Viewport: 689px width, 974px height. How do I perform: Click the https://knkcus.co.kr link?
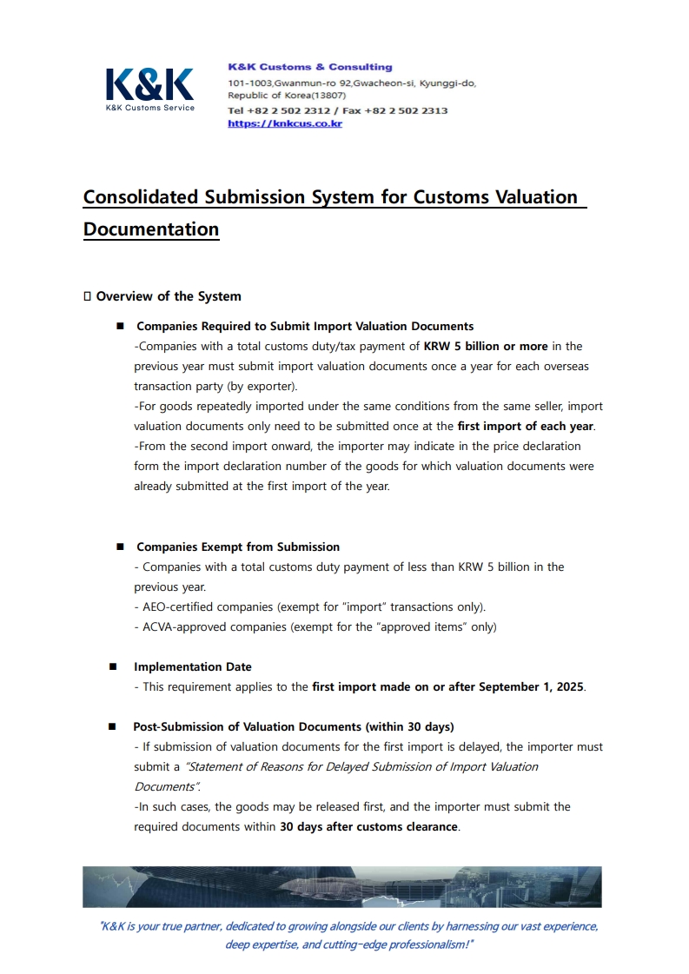285,123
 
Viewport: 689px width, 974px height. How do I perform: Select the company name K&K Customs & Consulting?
309,67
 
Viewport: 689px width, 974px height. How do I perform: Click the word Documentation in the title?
151,229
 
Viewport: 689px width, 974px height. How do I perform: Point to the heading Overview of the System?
169,296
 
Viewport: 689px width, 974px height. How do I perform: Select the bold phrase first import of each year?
527,426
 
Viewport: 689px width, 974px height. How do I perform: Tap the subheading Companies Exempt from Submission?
238,547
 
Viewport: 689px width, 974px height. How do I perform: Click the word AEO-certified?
179,606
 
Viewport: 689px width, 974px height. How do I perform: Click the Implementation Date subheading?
193,666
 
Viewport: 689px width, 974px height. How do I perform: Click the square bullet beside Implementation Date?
113,666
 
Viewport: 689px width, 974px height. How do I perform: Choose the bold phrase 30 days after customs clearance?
368,826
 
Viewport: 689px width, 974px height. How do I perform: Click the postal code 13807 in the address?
329,96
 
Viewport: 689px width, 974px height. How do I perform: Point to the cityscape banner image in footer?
341,886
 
